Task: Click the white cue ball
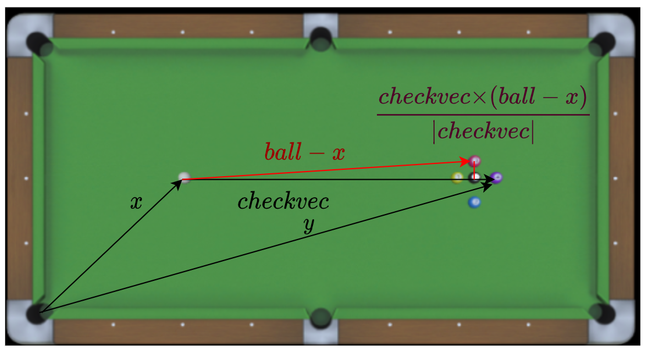(x=184, y=177)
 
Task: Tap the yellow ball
(x=458, y=178)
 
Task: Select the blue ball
(x=475, y=202)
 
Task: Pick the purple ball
(x=496, y=177)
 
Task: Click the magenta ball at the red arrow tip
(x=475, y=161)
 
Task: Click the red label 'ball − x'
(x=304, y=152)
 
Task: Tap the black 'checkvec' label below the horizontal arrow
(x=283, y=202)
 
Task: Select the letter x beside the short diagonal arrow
(x=136, y=202)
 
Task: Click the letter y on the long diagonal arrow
(x=309, y=226)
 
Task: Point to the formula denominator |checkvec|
(x=483, y=131)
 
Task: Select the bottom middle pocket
(x=320, y=318)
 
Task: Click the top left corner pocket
(x=38, y=42)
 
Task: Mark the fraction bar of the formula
(x=483, y=115)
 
